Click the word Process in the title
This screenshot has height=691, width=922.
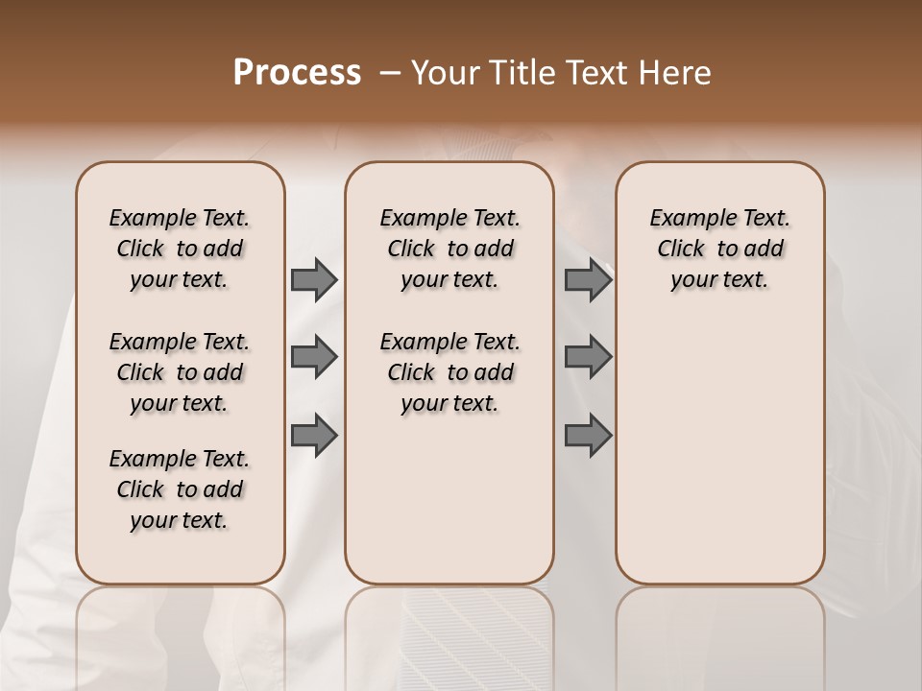pyautogui.click(x=297, y=73)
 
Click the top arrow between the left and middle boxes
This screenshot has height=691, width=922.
pyautogui.click(x=314, y=280)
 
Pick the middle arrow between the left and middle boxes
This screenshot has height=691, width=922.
pyautogui.click(x=314, y=358)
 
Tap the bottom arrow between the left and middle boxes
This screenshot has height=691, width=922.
pyautogui.click(x=314, y=436)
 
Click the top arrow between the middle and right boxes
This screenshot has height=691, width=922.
pyautogui.click(x=588, y=280)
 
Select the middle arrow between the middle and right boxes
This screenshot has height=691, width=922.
pyautogui.click(x=588, y=358)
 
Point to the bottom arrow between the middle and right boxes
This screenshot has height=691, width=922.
pyautogui.click(x=588, y=436)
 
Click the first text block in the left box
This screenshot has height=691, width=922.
pyautogui.click(x=180, y=249)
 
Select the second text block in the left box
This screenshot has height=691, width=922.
pyautogui.click(x=180, y=372)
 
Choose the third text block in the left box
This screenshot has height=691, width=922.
pyautogui.click(x=180, y=489)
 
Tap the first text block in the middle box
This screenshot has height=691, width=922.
pyautogui.click(x=449, y=249)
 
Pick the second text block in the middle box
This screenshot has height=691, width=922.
pyautogui.click(x=449, y=372)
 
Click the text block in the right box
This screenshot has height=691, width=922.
pyautogui.click(x=720, y=249)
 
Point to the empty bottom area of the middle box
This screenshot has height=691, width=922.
pyautogui.click(x=449, y=509)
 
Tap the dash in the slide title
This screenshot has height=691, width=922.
pyautogui.click(x=390, y=73)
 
